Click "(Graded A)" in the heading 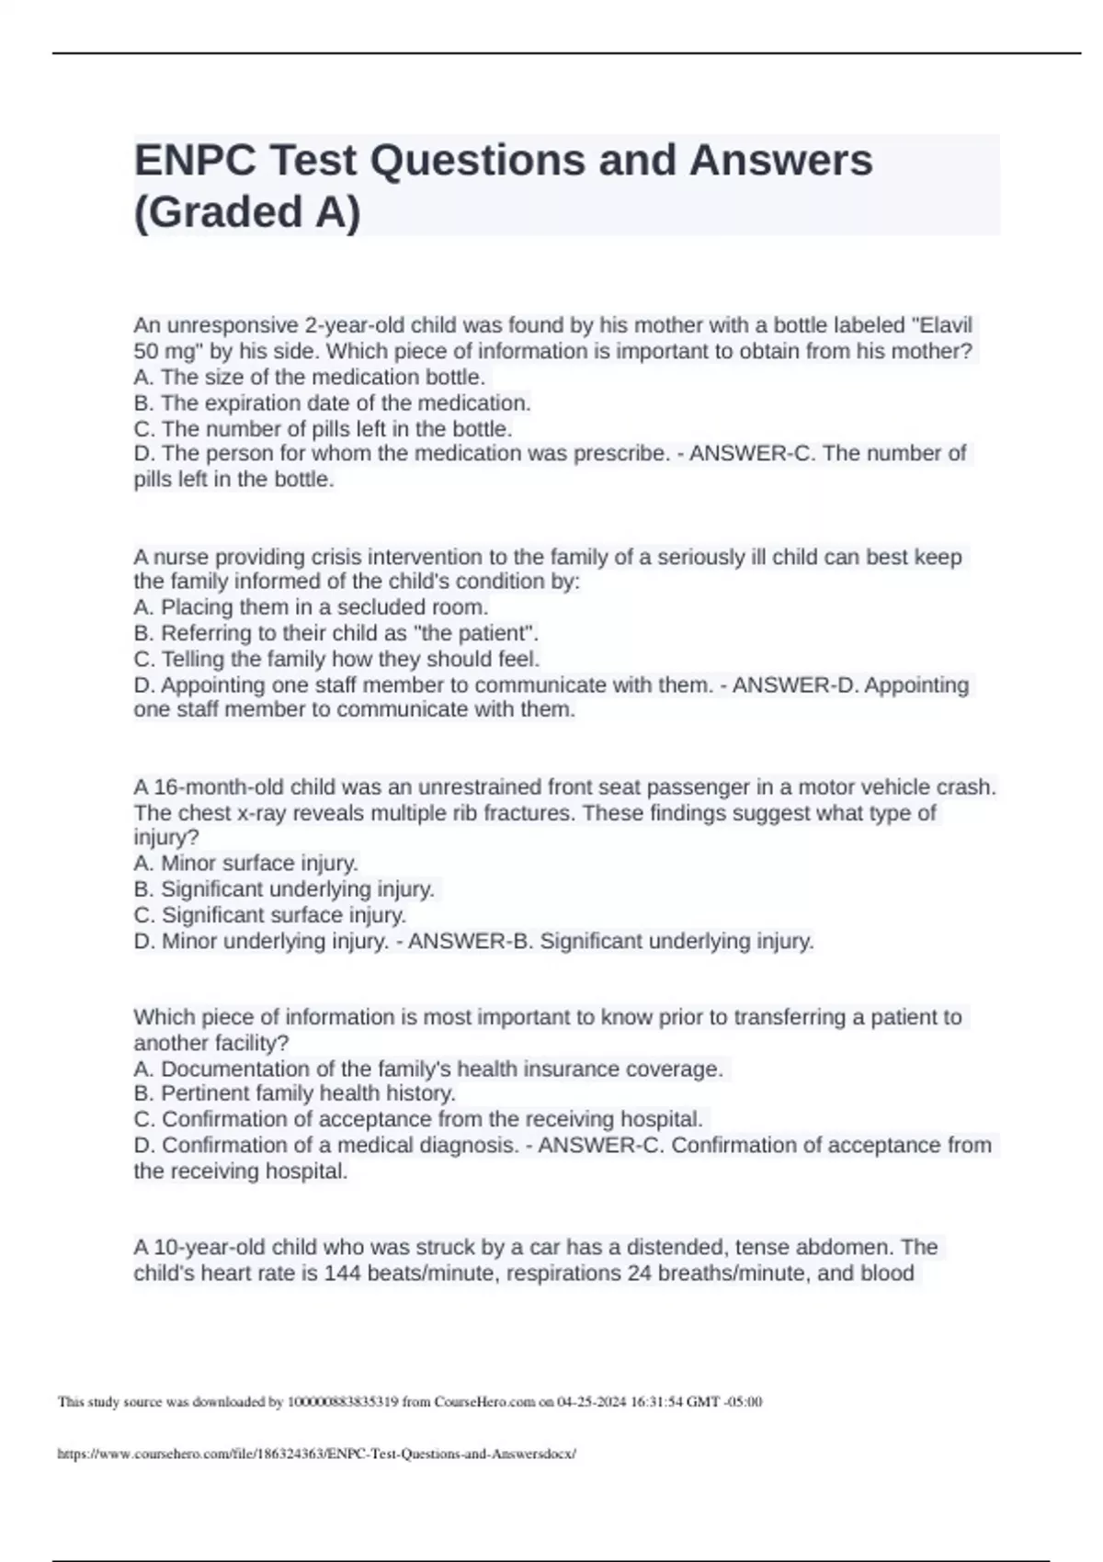coord(247,212)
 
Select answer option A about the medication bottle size coord(309,378)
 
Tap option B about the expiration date coord(332,403)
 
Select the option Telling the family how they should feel coord(336,660)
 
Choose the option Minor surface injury coord(245,864)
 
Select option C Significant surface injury coord(269,916)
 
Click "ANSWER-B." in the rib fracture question coord(470,942)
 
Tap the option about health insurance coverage coord(428,1070)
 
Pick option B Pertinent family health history coord(294,1093)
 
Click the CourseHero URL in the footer coord(316,1454)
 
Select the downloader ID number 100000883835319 coord(343,1402)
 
